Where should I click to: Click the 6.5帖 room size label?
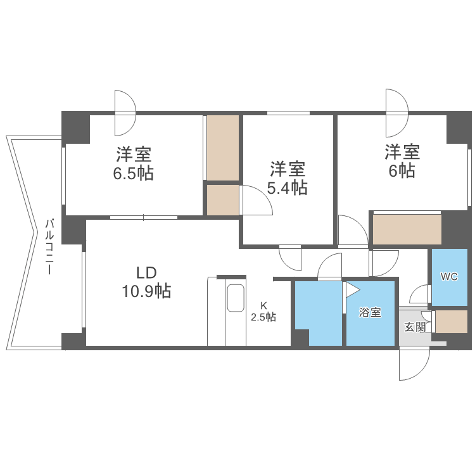coord(134,174)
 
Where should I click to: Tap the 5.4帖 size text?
coord(288,188)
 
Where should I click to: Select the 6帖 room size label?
coord(402,171)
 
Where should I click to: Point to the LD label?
coord(147,272)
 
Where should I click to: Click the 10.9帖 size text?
coord(146,291)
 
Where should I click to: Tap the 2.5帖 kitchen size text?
coord(263,317)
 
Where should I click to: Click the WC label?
coord(449,277)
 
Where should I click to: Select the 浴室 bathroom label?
coord(370,312)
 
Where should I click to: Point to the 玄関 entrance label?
coord(415,327)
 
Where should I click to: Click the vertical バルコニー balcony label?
coord(49,247)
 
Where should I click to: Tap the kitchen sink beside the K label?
coord(236,298)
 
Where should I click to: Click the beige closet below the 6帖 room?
coord(406,229)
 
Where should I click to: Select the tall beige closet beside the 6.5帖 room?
coord(223,147)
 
